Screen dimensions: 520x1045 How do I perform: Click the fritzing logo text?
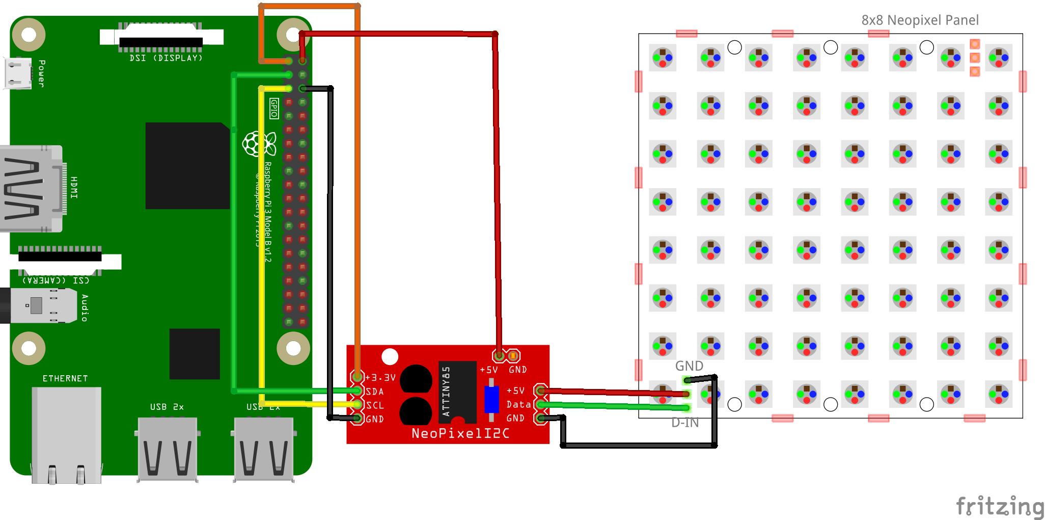pyautogui.click(x=1000, y=506)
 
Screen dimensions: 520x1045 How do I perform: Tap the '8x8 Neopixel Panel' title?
pyautogui.click(x=920, y=20)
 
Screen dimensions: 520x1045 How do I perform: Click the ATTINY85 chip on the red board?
pyautogui.click(x=457, y=392)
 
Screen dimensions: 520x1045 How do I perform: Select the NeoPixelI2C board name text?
pyautogui.click(x=460, y=433)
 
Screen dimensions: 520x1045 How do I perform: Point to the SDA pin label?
pyautogui.click(x=375, y=392)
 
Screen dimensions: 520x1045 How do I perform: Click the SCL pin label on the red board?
pyautogui.click(x=375, y=405)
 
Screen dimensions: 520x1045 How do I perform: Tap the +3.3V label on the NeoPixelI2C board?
pyautogui.click(x=380, y=378)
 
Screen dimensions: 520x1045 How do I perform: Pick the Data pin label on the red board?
pyautogui.click(x=518, y=404)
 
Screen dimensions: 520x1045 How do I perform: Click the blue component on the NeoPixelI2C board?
pyautogui.click(x=491, y=399)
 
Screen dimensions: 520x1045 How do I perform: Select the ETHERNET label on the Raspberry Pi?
pyautogui.click(x=65, y=378)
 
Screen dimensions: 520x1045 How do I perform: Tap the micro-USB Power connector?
pyautogui.click(x=18, y=73)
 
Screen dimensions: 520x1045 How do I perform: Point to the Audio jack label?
pyautogui.click(x=85, y=307)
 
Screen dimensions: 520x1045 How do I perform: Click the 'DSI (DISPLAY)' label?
pyautogui.click(x=166, y=58)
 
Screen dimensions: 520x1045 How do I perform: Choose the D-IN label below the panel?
pyautogui.click(x=685, y=423)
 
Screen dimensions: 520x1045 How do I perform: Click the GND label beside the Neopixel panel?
pyautogui.click(x=689, y=366)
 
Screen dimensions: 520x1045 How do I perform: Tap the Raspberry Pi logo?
pyautogui.click(x=259, y=144)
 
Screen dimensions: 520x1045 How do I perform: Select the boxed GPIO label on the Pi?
pyautogui.click(x=274, y=108)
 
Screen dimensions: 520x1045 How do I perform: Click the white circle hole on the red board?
pyautogui.click(x=390, y=356)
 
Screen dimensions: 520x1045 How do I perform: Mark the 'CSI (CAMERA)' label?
pyautogui.click(x=56, y=280)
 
